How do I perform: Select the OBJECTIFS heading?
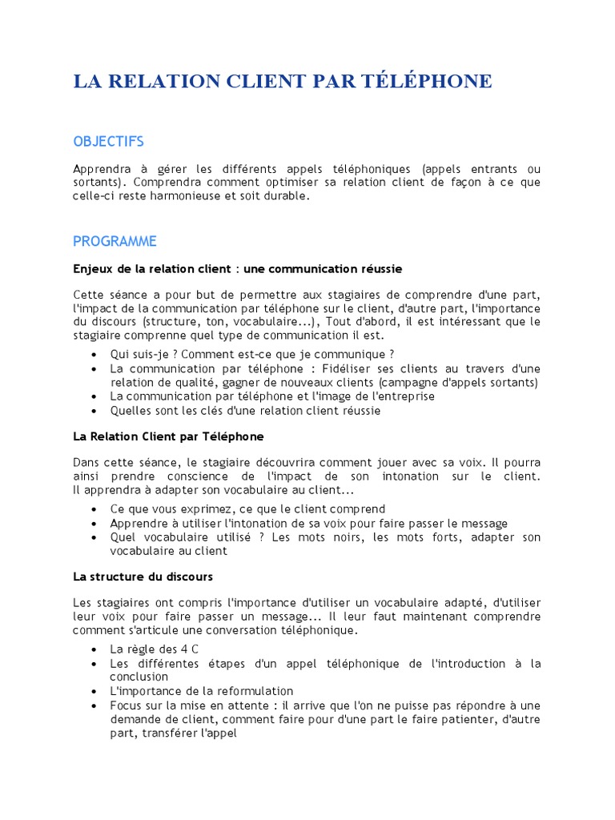pos(108,142)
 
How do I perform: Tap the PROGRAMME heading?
pos(115,241)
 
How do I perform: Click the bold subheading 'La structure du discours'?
pos(143,576)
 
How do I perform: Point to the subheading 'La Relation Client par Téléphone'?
pos(168,436)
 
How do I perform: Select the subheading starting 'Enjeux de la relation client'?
pos(237,267)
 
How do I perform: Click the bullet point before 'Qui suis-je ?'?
pos(96,355)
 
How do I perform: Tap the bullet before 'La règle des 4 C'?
pos(96,649)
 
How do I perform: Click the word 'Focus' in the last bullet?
pos(127,705)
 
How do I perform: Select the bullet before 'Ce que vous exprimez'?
pos(96,509)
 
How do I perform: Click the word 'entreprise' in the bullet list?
pos(404,396)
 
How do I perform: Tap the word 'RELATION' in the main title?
pos(164,82)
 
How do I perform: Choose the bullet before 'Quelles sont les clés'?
pos(96,411)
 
